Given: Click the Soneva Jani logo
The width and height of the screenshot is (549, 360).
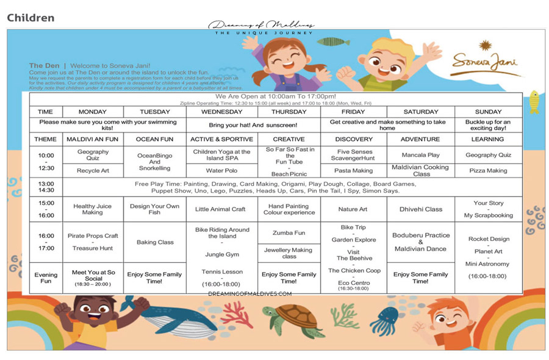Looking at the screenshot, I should (x=486, y=60).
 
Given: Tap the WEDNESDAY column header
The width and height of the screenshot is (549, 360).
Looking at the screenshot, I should (x=221, y=112).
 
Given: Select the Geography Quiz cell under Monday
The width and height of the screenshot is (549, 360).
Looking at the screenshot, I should (x=93, y=155).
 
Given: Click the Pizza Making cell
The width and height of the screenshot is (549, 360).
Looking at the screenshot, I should (x=488, y=171).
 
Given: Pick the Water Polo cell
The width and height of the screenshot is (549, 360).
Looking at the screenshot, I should (x=221, y=171).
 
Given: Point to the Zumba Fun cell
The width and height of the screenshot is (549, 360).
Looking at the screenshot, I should (x=289, y=233).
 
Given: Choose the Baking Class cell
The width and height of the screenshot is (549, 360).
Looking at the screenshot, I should (x=155, y=242).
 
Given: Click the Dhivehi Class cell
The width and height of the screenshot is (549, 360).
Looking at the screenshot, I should (x=421, y=209).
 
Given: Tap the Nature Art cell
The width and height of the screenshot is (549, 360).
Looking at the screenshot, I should (x=353, y=209).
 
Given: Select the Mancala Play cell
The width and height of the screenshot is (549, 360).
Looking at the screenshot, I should (x=421, y=155).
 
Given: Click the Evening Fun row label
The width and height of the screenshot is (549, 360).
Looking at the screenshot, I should (x=46, y=278).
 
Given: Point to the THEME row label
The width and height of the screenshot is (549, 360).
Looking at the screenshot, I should (x=46, y=139).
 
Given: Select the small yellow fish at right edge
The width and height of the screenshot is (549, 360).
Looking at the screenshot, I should (x=534, y=101).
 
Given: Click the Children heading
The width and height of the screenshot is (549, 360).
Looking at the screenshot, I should (x=30, y=18).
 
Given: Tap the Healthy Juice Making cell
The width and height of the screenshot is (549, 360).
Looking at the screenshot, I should (x=93, y=209).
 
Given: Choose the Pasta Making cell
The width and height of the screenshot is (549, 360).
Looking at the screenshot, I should (x=353, y=171).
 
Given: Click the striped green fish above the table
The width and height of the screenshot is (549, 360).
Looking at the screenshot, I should (x=334, y=41).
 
